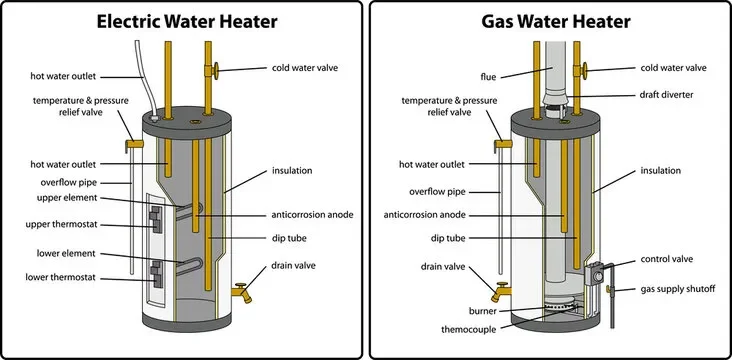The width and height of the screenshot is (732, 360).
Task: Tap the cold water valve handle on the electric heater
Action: (214, 69)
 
